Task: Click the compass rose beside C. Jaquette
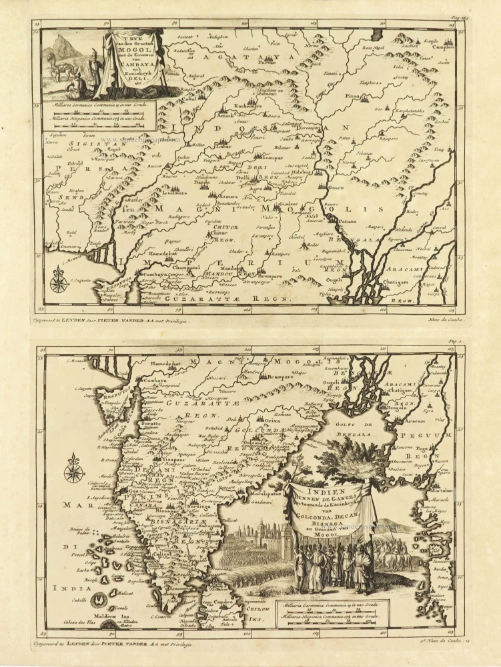click(x=58, y=281)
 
